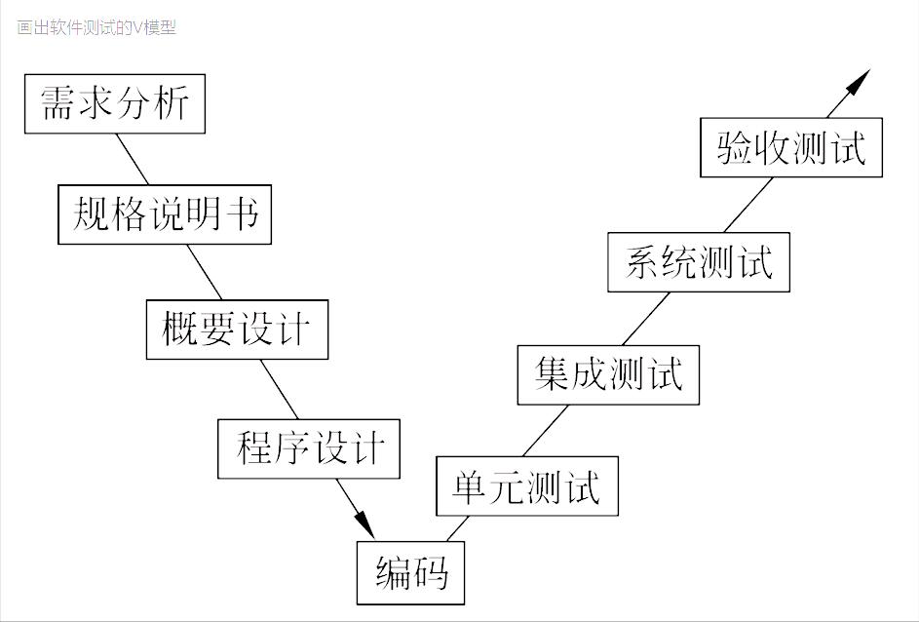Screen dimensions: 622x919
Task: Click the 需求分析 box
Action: point(115,103)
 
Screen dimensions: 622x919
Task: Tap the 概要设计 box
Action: point(237,330)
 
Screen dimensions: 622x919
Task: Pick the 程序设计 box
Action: point(309,448)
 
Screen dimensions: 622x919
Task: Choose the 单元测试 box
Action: point(526,486)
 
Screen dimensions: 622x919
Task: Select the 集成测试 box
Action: point(608,373)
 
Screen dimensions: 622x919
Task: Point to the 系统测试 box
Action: point(698,261)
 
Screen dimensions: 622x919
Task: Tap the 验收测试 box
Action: point(791,147)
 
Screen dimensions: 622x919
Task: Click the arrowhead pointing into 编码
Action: point(364,522)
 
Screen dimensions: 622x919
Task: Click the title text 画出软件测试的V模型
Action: point(96,27)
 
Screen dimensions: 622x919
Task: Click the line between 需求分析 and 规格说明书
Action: point(133,159)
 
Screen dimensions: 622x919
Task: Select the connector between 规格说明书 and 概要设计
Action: point(206,272)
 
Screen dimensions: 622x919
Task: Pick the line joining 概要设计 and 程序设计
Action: point(279,389)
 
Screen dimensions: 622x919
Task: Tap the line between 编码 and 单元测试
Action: point(456,527)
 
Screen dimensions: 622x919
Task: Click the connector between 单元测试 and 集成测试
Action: point(545,430)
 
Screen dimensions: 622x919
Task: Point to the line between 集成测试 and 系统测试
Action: point(645,318)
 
